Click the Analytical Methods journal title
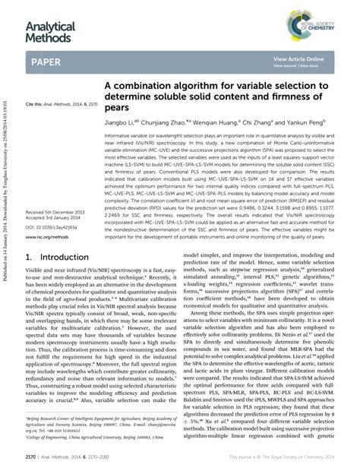click(x=51, y=32)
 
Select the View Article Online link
click(x=298, y=58)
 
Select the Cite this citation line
click(x=62, y=103)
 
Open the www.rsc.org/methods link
click(x=47, y=237)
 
